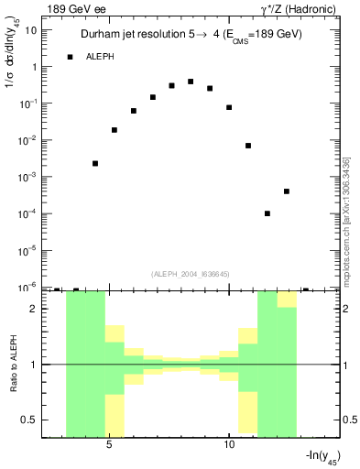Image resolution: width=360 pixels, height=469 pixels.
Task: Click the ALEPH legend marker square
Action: [71, 57]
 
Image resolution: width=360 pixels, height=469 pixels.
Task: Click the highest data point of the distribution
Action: [191, 82]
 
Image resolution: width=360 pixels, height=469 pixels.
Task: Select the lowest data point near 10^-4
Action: [267, 213]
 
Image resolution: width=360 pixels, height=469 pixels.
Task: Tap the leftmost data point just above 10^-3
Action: [95, 163]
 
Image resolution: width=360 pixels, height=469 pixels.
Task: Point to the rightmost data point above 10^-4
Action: [287, 191]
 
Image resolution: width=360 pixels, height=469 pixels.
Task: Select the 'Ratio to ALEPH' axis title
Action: [13, 364]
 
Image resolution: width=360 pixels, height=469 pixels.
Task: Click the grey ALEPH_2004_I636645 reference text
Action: [191, 273]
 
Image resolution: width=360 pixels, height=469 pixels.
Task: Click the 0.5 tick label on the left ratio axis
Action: [34, 420]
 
